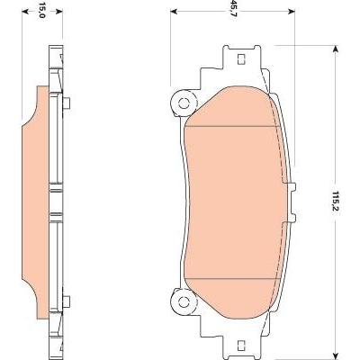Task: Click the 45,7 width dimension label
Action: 231,12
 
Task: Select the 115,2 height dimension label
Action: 336,201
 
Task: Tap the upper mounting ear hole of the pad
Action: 184,103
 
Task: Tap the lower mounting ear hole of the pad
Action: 184,301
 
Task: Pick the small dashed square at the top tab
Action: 241,59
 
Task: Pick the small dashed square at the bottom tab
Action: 241,345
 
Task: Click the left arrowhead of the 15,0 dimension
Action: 25,12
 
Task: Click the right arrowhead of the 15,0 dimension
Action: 59,12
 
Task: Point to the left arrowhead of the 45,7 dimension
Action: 174,12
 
